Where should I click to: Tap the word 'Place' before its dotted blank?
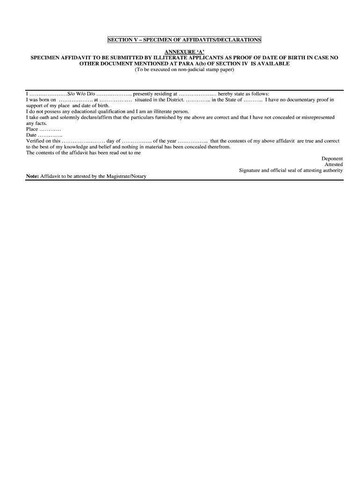32,129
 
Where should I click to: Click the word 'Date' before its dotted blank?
31,135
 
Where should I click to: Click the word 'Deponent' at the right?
332,159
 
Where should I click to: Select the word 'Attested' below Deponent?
334,165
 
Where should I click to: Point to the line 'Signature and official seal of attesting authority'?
291,171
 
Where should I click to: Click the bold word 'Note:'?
32,176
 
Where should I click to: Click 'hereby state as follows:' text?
244,94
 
